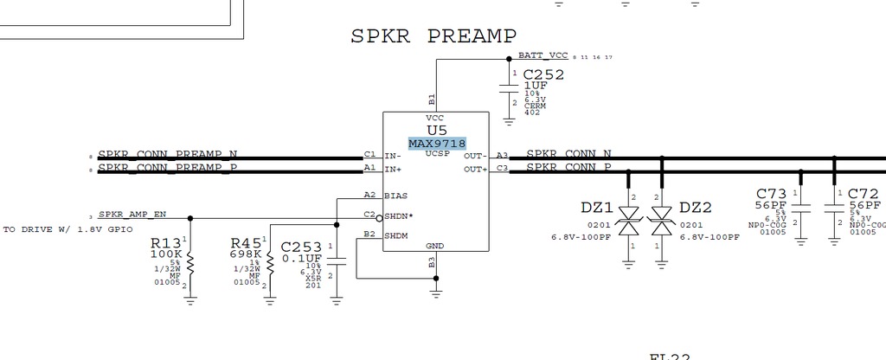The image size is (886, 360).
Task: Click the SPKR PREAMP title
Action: coord(433,36)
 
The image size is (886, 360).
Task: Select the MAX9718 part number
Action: coord(437,143)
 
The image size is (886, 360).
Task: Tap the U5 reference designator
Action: coord(436,130)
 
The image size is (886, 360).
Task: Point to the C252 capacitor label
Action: coord(543,75)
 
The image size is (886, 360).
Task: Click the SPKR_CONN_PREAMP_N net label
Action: coord(168,154)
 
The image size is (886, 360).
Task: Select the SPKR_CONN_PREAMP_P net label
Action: coord(168,167)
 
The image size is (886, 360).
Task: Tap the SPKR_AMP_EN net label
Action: coord(132,214)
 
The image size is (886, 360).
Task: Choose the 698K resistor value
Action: coord(246,254)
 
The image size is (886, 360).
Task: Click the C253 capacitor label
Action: coord(301,247)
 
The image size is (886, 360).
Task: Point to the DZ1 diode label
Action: coord(597,208)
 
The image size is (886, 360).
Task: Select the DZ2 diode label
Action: coord(695,208)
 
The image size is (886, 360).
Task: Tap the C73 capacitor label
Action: coord(770,193)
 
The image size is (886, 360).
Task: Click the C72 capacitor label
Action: coord(864,193)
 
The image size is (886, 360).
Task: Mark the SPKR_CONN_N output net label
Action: coord(568,154)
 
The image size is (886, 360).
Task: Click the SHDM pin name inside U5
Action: coord(396,235)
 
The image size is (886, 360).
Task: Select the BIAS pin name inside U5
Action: coord(396,196)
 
